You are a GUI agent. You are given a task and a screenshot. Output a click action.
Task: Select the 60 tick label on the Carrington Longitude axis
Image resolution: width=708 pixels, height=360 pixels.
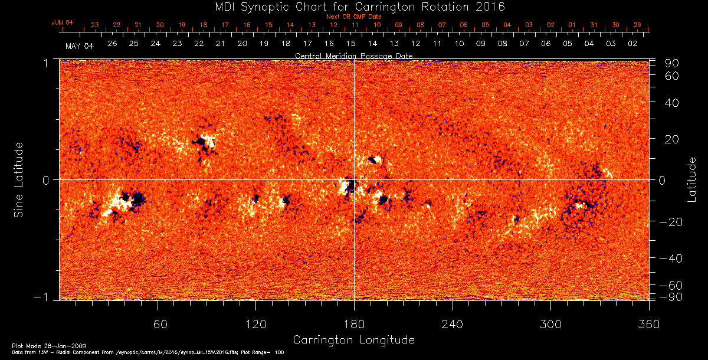pyautogui.click(x=158, y=324)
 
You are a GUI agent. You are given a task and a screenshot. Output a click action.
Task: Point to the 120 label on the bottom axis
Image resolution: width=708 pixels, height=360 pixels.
pyautogui.click(x=256, y=324)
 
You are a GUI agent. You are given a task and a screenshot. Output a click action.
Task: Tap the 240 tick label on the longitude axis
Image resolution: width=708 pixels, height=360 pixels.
pyautogui.click(x=453, y=324)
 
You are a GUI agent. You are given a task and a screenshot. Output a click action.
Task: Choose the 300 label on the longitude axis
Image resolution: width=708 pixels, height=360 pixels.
pyautogui.click(x=550, y=324)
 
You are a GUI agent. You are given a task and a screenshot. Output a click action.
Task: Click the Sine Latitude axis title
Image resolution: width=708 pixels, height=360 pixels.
pyautogui.click(x=19, y=179)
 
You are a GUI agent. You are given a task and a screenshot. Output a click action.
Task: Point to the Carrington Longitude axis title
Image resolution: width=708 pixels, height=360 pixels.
pyautogui.click(x=353, y=340)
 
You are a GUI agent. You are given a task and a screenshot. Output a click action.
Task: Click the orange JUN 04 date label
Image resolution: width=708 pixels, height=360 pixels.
pyautogui.click(x=63, y=23)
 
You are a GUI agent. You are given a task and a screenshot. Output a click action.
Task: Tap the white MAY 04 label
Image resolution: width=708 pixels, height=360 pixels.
pyautogui.click(x=79, y=46)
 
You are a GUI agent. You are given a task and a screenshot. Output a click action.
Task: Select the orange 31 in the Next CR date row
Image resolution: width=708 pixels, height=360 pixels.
pyautogui.click(x=594, y=25)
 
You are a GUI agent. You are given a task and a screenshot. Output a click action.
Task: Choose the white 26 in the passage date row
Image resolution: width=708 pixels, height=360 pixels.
pyautogui.click(x=112, y=44)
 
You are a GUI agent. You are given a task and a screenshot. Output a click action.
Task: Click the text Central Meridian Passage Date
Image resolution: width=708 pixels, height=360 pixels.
pyautogui.click(x=353, y=55)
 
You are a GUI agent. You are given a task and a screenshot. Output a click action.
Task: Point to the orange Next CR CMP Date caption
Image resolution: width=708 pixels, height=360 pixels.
pyautogui.click(x=353, y=17)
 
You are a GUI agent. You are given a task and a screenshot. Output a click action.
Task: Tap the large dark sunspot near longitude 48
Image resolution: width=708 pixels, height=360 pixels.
pyautogui.click(x=137, y=198)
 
